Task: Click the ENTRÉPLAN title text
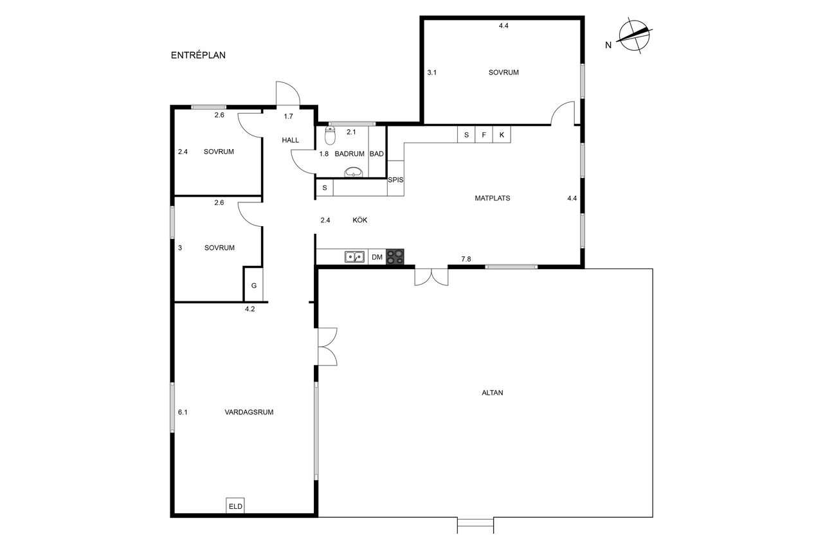tap(198, 55)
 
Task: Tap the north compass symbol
tap(634, 35)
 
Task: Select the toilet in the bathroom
tap(330, 135)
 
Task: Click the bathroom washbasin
tap(354, 172)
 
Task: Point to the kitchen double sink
tap(354, 257)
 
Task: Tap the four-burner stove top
tap(395, 256)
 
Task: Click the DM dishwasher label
tap(377, 258)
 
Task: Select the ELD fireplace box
tap(235, 506)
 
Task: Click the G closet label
tap(254, 285)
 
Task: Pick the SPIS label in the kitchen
tap(395, 180)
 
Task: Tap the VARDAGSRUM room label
tap(249, 412)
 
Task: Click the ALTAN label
tap(493, 393)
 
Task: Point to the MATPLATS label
tap(493, 199)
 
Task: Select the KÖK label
tap(359, 220)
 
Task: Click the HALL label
tap(290, 140)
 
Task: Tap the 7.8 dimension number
tap(466, 259)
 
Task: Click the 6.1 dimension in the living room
tap(183, 412)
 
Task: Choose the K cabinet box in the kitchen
tap(502, 134)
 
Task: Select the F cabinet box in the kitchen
tap(484, 134)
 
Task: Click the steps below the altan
tap(475, 526)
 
